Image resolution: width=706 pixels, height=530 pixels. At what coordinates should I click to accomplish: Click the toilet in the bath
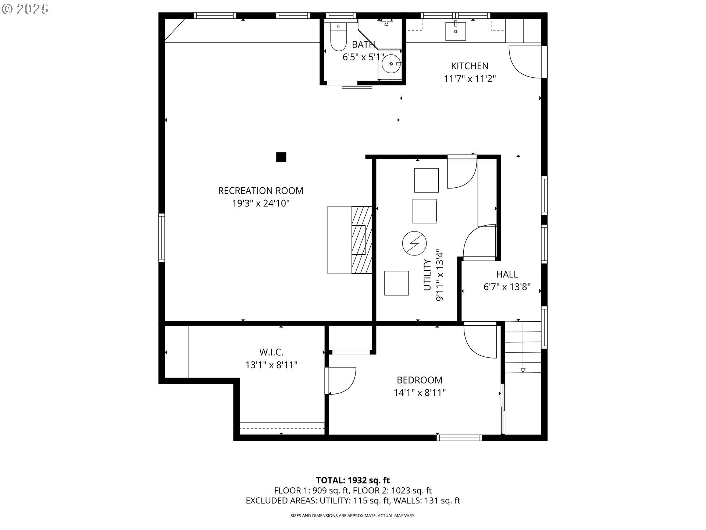pos(338,38)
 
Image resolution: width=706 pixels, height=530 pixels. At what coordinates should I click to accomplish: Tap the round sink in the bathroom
pos(391,64)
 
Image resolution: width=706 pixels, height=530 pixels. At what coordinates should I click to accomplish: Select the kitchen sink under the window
pos(456,31)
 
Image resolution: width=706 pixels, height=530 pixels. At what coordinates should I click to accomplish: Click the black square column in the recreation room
pos(281,157)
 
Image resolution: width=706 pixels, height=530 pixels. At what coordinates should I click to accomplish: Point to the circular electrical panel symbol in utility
pos(414,243)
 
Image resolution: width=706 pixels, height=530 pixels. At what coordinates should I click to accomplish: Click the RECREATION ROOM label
pos(261,191)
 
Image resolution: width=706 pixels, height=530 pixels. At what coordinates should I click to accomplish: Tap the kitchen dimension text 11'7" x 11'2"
pos(470,79)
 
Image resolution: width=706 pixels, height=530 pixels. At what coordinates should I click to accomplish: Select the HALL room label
pos(507,274)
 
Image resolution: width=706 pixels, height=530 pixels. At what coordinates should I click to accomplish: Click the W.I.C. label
pos(271,352)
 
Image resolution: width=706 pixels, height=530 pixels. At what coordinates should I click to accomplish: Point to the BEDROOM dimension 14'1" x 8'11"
pos(420,393)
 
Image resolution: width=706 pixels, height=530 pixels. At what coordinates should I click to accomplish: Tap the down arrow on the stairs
pos(523,370)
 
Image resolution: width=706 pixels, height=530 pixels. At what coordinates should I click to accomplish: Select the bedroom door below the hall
pos(480,340)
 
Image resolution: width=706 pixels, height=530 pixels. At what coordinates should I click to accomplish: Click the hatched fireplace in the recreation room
pos(362,240)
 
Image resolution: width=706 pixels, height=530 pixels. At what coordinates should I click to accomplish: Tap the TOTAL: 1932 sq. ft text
pos(353,480)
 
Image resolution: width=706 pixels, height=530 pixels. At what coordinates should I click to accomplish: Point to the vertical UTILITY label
pos(427,275)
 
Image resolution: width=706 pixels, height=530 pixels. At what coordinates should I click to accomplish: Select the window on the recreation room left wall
pos(162,238)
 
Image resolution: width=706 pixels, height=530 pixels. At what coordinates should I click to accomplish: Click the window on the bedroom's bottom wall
pos(459,438)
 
